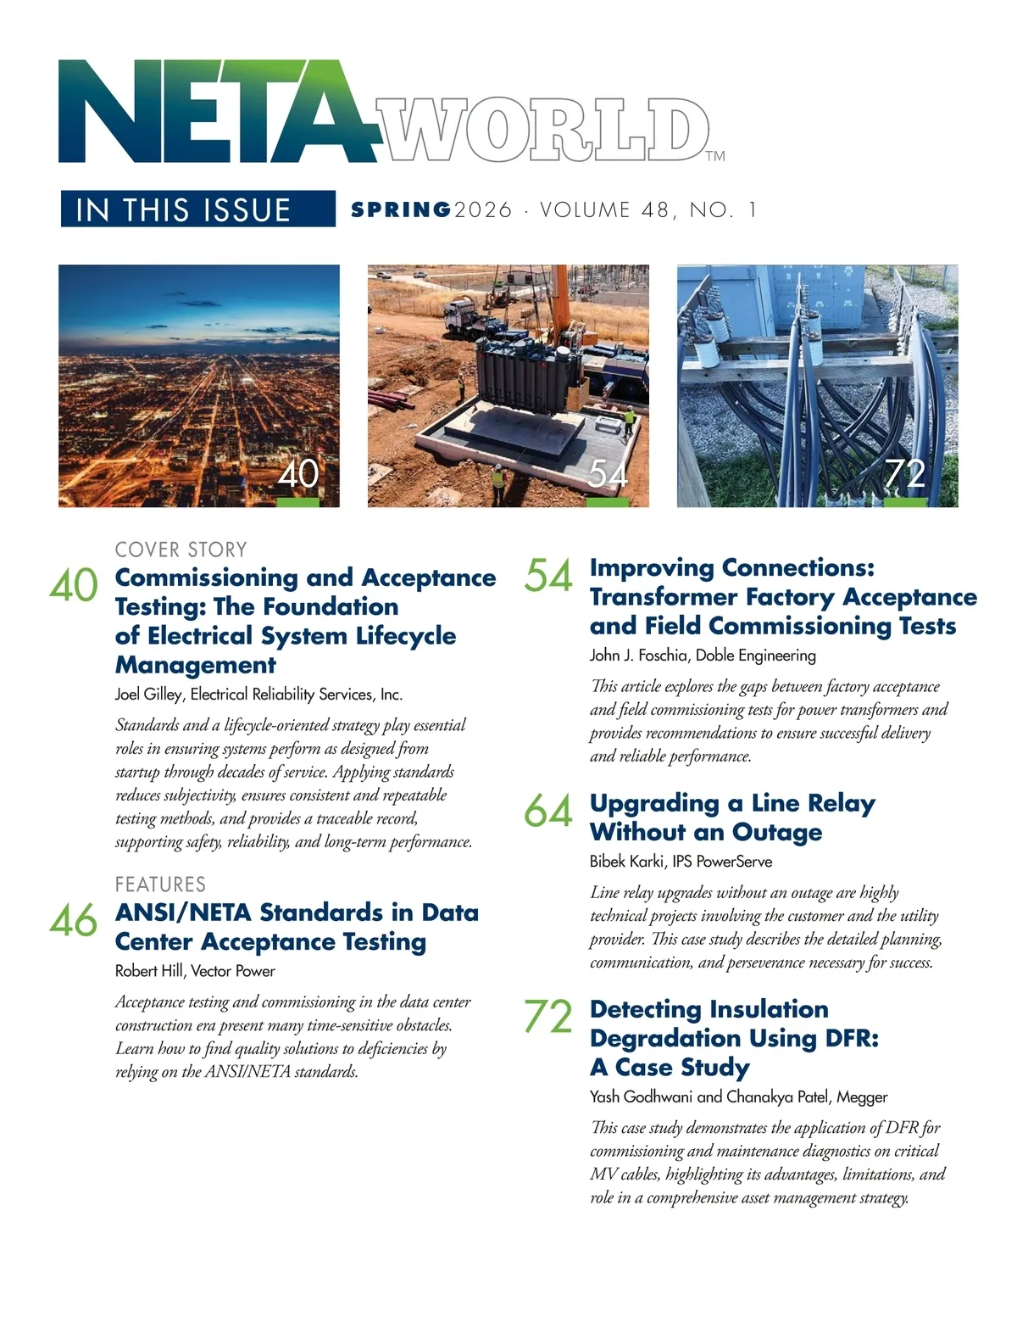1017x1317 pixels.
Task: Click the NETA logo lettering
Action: (216, 112)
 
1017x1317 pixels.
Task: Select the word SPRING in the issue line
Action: (401, 209)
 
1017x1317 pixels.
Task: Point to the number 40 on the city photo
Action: (298, 473)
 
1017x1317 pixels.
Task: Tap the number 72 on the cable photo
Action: (904, 473)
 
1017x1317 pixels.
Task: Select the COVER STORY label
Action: (181, 550)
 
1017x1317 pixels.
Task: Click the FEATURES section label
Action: (160, 885)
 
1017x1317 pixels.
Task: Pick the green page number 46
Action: (73, 921)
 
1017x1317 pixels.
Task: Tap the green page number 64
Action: (548, 812)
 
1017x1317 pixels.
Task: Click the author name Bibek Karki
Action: (627, 862)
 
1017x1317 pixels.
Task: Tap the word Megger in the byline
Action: (862, 1097)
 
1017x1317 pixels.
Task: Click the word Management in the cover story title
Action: (196, 665)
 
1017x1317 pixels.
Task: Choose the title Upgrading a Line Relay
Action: (732, 803)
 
